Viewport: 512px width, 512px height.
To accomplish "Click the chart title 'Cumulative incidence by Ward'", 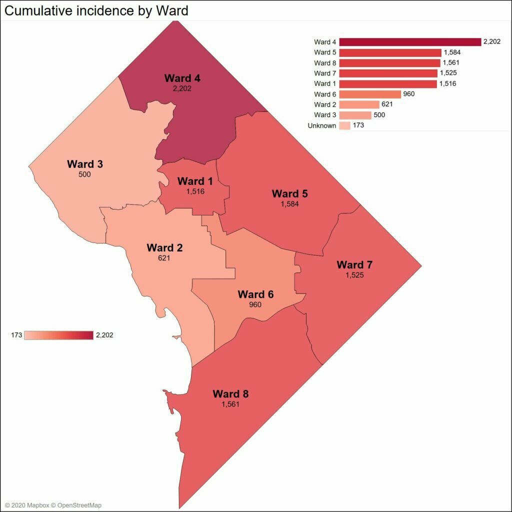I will (96, 10).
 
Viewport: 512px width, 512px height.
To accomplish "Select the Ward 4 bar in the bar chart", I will (410, 42).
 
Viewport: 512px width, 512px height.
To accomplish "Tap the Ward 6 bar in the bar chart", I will (370, 94).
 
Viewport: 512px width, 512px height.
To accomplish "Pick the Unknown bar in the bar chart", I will (345, 125).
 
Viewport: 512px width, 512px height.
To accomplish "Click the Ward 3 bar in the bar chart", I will (355, 115).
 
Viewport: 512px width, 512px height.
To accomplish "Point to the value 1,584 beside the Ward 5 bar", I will (452, 52).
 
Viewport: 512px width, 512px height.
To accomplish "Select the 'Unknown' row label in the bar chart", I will (322, 125).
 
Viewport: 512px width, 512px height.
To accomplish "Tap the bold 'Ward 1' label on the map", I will (191, 181).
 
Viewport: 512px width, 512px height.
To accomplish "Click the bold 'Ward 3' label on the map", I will (84, 164).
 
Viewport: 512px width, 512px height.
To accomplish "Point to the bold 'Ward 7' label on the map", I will (354, 264).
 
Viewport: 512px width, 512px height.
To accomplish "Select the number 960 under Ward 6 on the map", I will (255, 304).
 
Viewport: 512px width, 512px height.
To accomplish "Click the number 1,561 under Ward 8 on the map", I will (230, 403).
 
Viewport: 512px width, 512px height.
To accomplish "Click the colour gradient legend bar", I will (58, 335).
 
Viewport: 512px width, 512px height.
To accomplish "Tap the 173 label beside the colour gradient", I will (16, 335).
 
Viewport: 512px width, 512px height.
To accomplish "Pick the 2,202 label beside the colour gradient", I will (104, 335).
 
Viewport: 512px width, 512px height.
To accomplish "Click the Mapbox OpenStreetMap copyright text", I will (53, 505).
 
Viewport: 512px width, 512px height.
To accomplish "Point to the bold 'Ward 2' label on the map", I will (164, 248).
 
